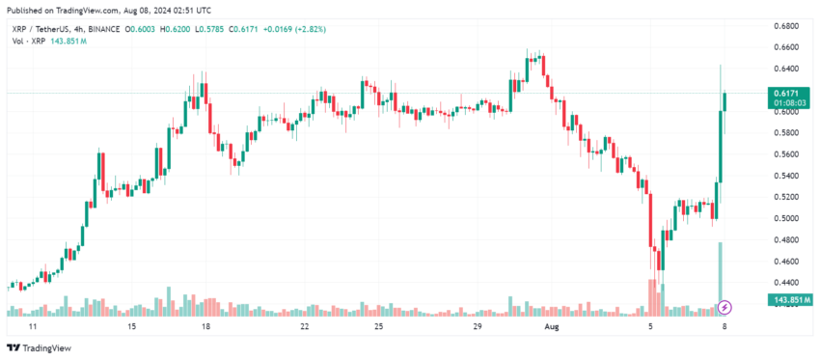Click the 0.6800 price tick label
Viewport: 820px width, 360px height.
(x=782, y=25)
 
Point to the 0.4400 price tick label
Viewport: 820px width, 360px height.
(x=782, y=283)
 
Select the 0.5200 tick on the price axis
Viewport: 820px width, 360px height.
(x=782, y=197)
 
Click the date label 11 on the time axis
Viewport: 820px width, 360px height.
(x=32, y=326)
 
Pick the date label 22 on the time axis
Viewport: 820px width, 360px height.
(x=305, y=326)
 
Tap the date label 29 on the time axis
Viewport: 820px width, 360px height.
(x=478, y=326)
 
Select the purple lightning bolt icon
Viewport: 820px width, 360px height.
(x=725, y=307)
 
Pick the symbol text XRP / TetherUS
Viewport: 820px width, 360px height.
(x=38, y=30)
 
